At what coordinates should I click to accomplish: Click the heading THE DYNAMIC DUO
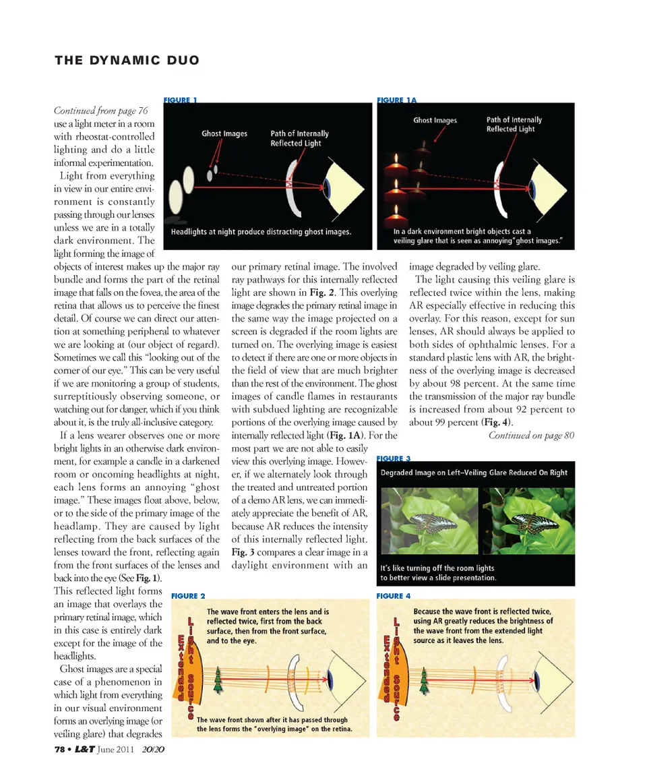point(127,60)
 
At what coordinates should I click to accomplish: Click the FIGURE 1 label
point(180,100)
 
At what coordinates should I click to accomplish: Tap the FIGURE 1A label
point(397,100)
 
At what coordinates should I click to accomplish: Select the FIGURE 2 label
point(189,596)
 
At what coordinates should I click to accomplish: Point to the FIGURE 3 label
point(394,458)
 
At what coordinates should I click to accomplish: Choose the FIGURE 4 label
point(394,596)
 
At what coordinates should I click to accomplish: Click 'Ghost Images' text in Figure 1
point(224,133)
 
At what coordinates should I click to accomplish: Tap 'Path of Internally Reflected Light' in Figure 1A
point(514,124)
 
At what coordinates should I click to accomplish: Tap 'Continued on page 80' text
point(531,435)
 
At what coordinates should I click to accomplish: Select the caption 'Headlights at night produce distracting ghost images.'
point(261,232)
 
